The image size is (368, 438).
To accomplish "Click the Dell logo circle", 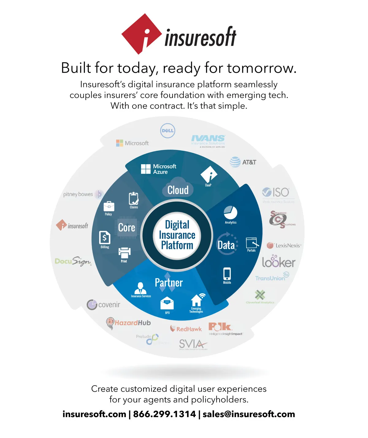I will (167, 131).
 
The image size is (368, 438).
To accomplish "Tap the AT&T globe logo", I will (235, 162).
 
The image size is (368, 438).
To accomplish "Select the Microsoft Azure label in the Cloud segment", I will (159, 169).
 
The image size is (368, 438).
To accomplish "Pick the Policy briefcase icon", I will (109, 206).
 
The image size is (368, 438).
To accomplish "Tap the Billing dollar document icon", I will (105, 238).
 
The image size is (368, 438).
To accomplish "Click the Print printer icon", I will (124, 253).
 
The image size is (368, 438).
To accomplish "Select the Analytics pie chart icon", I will (230, 212).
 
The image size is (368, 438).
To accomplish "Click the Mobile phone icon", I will (227, 273).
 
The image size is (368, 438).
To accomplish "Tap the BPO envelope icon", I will (167, 303).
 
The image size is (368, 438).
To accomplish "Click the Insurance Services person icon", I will (140, 288).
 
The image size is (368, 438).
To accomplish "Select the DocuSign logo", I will (73, 261).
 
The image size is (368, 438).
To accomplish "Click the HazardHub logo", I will (128, 323).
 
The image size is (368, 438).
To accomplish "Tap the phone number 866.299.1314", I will (164, 414).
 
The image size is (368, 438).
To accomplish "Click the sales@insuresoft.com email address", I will (249, 414).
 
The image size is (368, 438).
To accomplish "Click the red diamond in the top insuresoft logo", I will (141, 34).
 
